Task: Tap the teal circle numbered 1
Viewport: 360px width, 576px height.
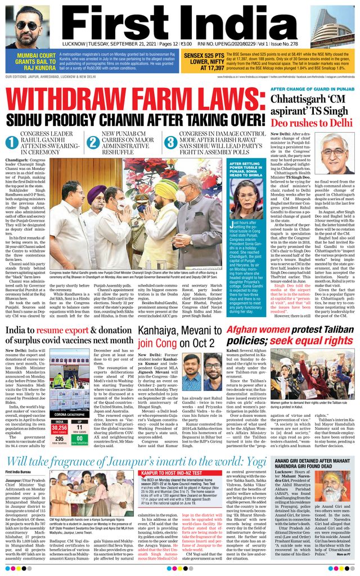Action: tap(11, 142)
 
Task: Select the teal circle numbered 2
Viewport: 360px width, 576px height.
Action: tap(93, 142)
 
